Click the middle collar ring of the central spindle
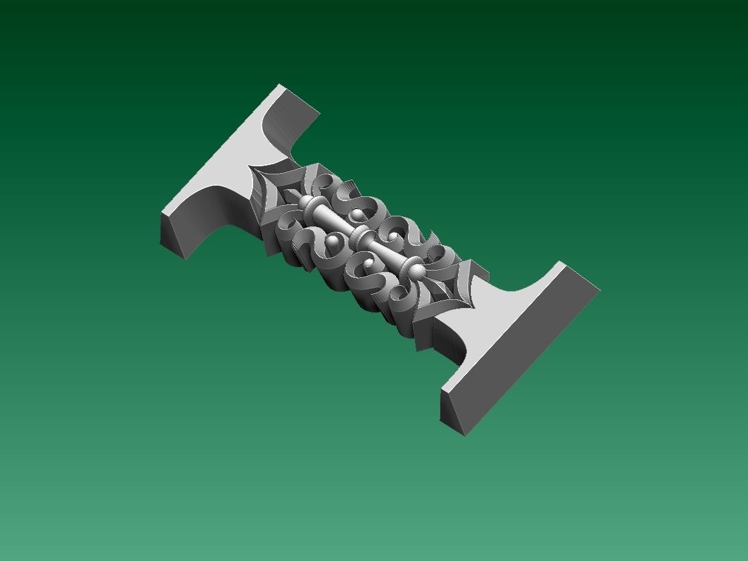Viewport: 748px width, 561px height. pos(361,235)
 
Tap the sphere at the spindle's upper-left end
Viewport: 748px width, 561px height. pos(306,201)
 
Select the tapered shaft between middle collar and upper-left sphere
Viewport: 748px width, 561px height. pos(332,217)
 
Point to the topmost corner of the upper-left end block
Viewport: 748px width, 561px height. pos(280,85)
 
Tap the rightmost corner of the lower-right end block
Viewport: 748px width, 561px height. pos(600,290)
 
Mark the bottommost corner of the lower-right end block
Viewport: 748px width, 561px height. pos(465,435)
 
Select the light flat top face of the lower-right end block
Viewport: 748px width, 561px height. pos(514,321)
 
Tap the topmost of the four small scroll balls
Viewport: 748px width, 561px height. pos(359,214)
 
